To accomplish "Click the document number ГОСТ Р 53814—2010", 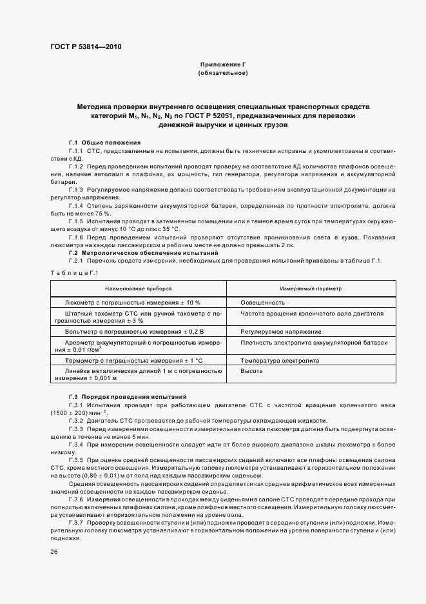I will pyautogui.click(x=85, y=47).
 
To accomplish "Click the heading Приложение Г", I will pyautogui.click(x=223, y=65).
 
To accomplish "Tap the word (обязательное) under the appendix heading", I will pyautogui.click(x=223, y=74).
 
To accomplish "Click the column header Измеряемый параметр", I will pyautogui.click(x=310, y=288).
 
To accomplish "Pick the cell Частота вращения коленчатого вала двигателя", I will pyautogui.click(x=312, y=313).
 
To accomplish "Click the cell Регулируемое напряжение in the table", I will pyautogui.click(x=280, y=331).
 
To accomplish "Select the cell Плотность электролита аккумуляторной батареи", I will pyautogui.click(x=313, y=342).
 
